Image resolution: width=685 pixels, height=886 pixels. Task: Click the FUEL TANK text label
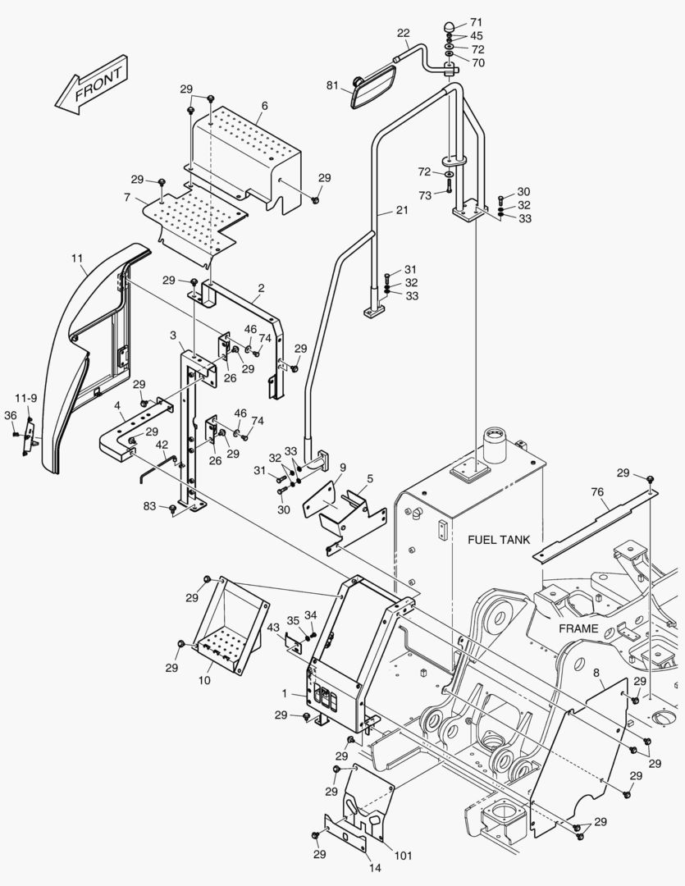499,540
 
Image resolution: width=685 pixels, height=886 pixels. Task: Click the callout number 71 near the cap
477,21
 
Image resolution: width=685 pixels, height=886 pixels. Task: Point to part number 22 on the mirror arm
403,33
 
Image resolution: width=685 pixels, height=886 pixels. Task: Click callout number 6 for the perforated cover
264,106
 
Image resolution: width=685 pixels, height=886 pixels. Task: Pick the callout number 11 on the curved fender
76,258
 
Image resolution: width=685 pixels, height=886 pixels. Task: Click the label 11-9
27,399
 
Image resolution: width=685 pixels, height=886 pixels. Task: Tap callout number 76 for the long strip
598,491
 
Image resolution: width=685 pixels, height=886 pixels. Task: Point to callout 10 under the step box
205,680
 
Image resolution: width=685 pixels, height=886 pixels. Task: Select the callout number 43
273,628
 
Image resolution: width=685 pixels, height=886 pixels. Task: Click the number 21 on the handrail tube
401,211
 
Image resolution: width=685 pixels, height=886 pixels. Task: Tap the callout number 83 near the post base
148,507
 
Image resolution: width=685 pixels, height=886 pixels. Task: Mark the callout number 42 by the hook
162,445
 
